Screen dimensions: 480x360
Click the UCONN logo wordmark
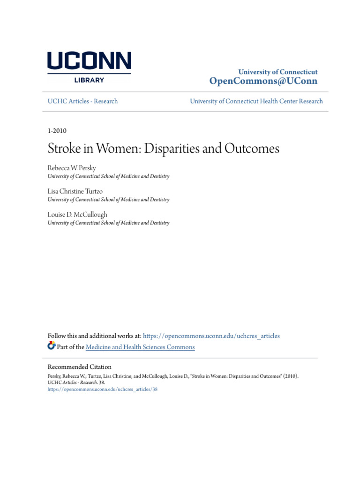point(89,62)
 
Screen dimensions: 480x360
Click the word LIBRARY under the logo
point(89,80)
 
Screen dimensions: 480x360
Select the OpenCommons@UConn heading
point(263,81)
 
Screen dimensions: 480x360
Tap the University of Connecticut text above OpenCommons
point(277,72)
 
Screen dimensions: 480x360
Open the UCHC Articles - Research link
point(83,101)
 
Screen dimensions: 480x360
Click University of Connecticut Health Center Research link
point(256,101)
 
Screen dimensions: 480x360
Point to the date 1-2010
point(57,131)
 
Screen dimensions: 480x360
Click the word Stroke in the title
point(64,149)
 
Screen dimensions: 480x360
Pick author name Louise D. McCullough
point(77,215)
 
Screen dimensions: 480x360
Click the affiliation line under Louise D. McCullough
point(108,223)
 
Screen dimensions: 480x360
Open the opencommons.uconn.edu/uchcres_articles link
point(211,336)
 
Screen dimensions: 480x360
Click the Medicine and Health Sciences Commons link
point(140,347)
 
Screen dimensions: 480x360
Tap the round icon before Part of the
point(52,346)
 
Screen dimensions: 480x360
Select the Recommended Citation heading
point(80,367)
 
